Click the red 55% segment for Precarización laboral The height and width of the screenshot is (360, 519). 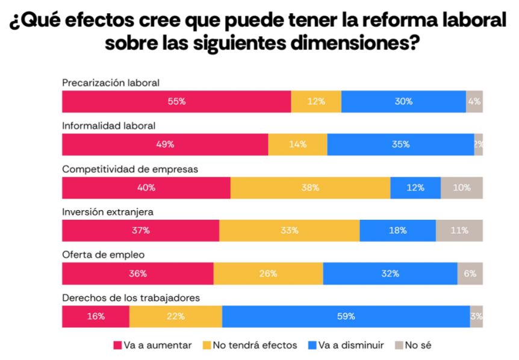(176, 102)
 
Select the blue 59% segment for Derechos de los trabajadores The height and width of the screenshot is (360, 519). (346, 316)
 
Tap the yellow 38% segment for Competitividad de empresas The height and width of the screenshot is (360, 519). (310, 187)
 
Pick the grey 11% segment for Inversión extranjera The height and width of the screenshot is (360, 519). (459, 230)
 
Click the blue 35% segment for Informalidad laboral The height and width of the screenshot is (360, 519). (400, 144)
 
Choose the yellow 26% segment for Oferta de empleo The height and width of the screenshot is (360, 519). (268, 273)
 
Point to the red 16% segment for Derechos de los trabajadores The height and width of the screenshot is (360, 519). (96, 316)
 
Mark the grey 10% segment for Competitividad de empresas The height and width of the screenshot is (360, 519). (461, 187)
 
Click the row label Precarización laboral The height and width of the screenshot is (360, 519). (111, 83)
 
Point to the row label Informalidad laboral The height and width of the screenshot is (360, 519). (109, 126)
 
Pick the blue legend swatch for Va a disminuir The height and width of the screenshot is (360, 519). (313, 346)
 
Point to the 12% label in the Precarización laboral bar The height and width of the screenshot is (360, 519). (315, 102)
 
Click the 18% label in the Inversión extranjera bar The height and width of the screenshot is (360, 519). (397, 230)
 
